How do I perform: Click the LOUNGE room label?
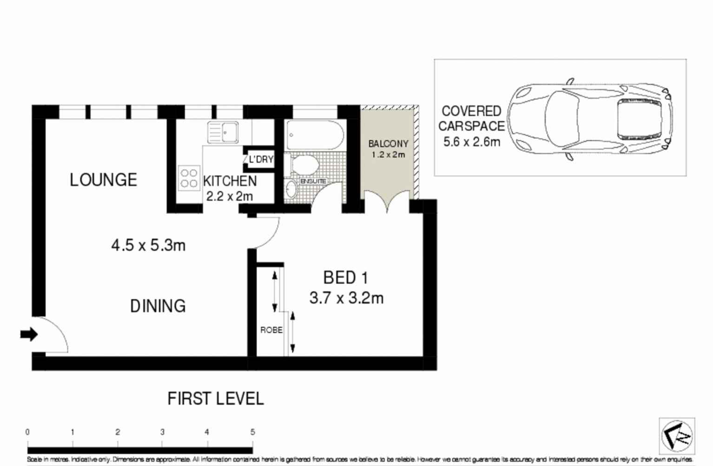pyautogui.click(x=103, y=180)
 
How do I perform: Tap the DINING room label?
pyautogui.click(x=158, y=306)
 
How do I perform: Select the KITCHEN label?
pyautogui.click(x=230, y=181)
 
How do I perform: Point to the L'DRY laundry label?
pyautogui.click(x=261, y=159)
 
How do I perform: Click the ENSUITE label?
pyautogui.click(x=313, y=181)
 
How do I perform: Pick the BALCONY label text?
pyautogui.click(x=388, y=144)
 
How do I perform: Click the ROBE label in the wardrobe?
pyautogui.click(x=271, y=330)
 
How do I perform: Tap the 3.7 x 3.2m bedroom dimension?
pyautogui.click(x=346, y=298)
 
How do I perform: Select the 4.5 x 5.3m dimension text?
pyautogui.click(x=148, y=245)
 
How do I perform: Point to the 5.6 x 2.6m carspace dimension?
pyautogui.click(x=471, y=142)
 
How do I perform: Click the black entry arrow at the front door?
pyautogui.click(x=29, y=334)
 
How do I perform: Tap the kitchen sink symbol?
pyautogui.click(x=223, y=132)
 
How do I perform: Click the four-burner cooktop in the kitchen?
pyautogui.click(x=189, y=178)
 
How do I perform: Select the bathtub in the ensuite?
pyautogui.click(x=315, y=135)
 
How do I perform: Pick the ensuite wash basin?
pyautogui.click(x=291, y=189)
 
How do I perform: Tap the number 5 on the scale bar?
pyautogui.click(x=252, y=432)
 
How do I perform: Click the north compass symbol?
pyautogui.click(x=677, y=436)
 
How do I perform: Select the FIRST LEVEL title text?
pyautogui.click(x=215, y=399)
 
